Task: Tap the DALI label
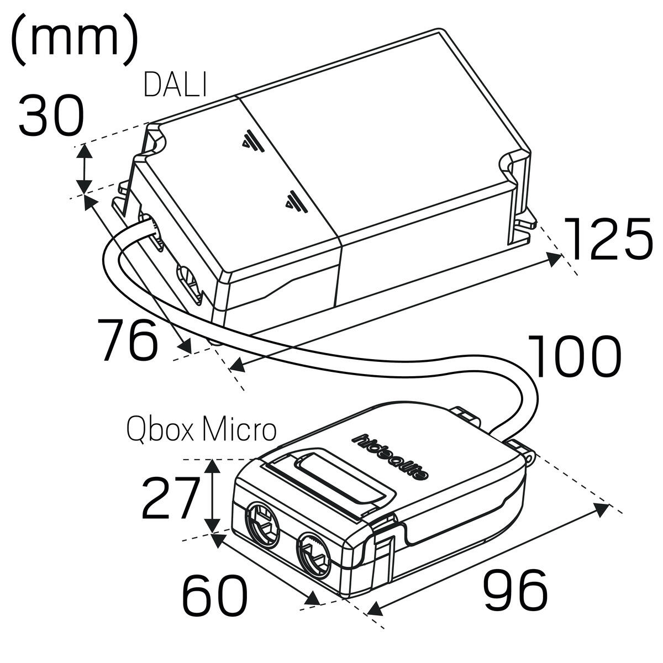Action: [175, 85]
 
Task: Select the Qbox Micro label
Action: [201, 429]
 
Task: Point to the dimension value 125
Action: [608, 239]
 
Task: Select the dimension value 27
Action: [170, 498]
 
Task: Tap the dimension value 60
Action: [215, 596]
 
